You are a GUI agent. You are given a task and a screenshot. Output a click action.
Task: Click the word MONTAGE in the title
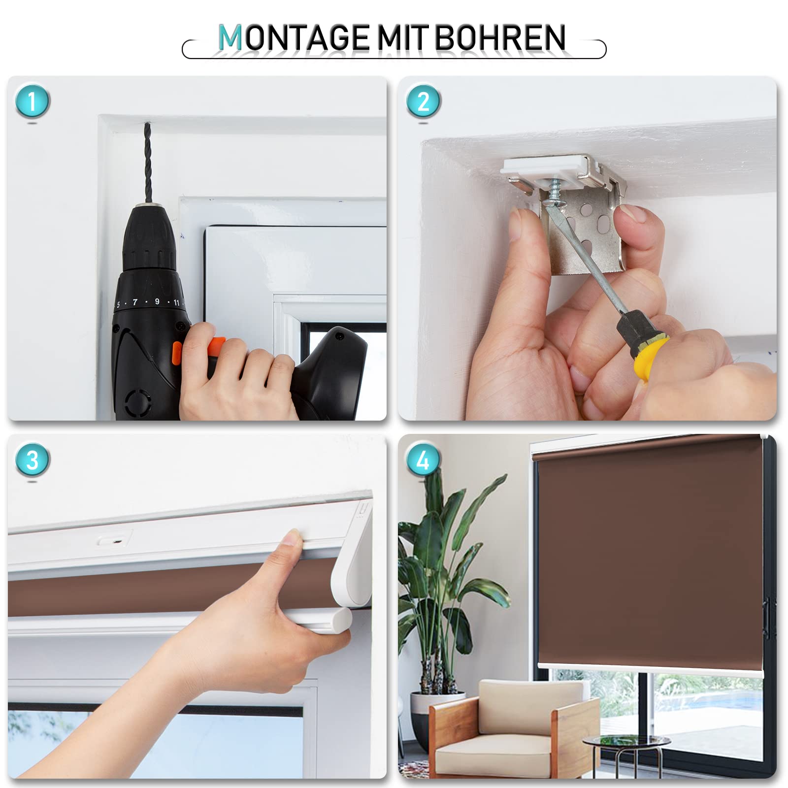(294, 38)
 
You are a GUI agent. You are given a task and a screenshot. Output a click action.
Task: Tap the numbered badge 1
(33, 101)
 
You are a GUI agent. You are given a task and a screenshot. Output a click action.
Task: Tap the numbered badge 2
(423, 101)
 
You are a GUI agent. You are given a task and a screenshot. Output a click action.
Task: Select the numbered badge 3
(33, 460)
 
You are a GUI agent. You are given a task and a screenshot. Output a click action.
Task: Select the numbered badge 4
(423, 460)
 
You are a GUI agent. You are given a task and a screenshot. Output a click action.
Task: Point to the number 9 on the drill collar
(157, 301)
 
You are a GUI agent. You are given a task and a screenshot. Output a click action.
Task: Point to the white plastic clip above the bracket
(547, 167)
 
